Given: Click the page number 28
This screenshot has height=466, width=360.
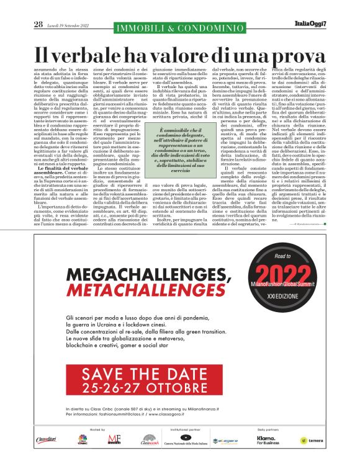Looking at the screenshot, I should tap(38, 24).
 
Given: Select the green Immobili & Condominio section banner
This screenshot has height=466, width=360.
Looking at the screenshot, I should tap(179, 26).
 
